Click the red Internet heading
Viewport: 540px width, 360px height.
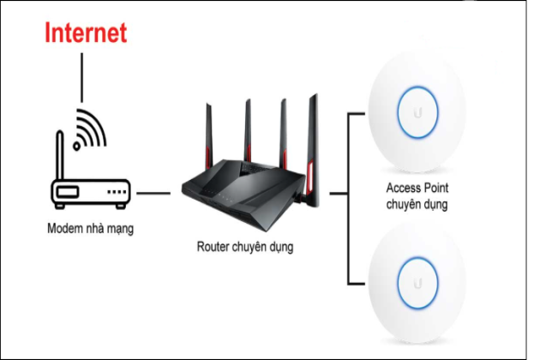[86, 33]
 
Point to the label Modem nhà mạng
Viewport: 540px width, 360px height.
[90, 229]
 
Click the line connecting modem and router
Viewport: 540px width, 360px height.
[153, 193]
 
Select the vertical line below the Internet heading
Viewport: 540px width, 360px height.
[82, 77]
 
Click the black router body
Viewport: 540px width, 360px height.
[244, 193]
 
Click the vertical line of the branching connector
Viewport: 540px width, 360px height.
[347, 197]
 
